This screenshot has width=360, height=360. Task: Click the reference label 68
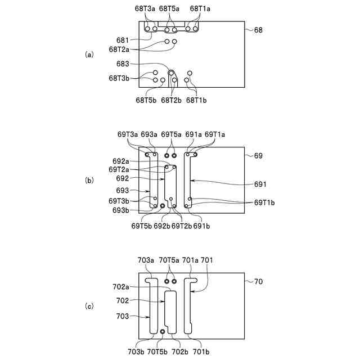[x=258, y=30]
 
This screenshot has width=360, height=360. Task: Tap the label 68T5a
[x=169, y=9]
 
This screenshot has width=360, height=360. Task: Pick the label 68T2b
[x=171, y=100]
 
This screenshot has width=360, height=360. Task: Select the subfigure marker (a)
[x=88, y=55]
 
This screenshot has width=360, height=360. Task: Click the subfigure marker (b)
[x=88, y=181]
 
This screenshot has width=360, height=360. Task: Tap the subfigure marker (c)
[x=88, y=307]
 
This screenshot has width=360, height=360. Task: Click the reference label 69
[x=258, y=155]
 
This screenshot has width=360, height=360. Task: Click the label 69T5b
[x=141, y=226]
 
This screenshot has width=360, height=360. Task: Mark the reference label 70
[x=258, y=281]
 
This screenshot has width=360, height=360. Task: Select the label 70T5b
[x=158, y=352]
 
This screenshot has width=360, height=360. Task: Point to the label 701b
[x=201, y=352]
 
